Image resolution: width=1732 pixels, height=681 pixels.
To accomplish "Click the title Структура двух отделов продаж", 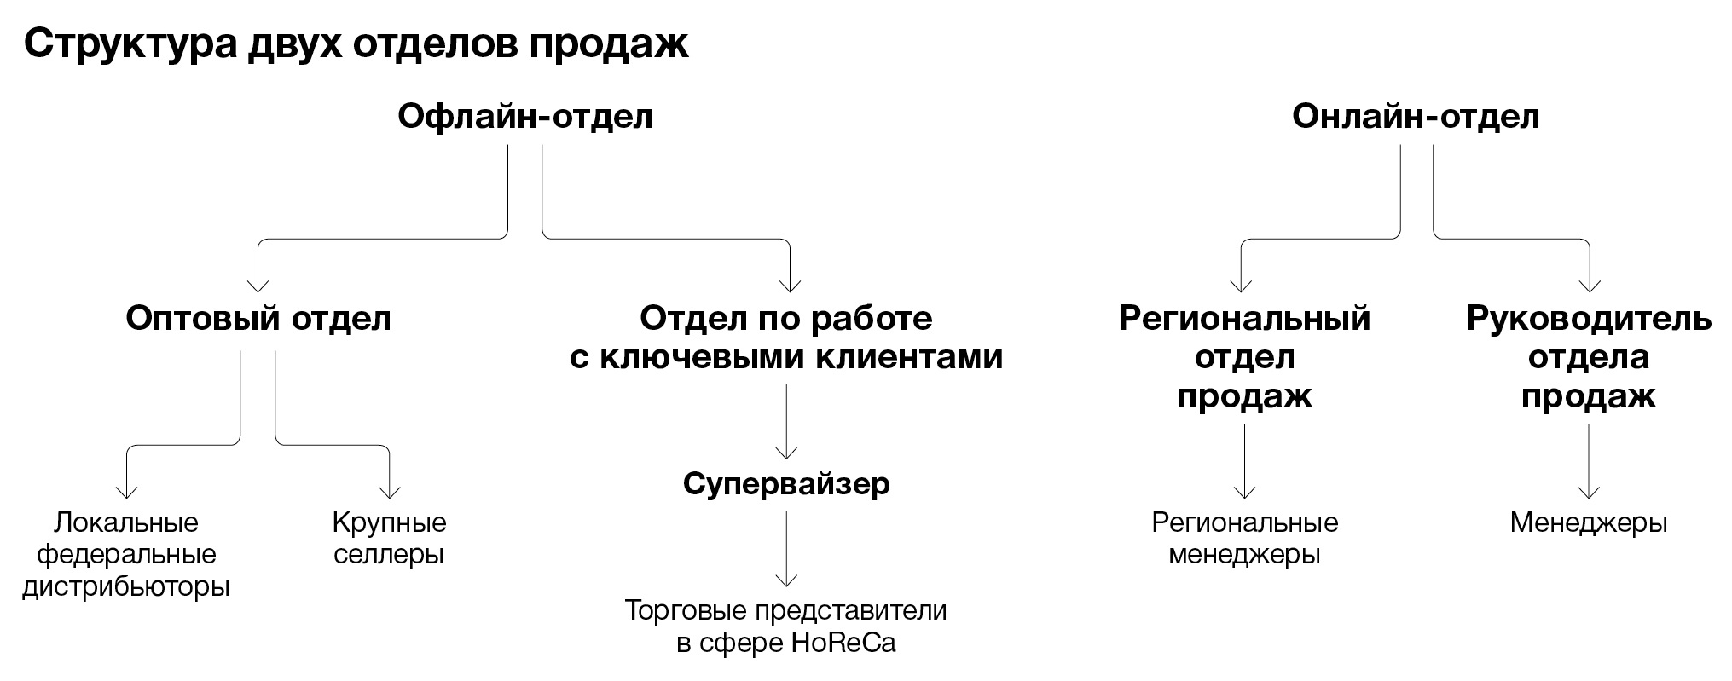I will click(x=356, y=44).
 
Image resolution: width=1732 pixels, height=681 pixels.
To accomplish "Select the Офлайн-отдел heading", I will click(x=525, y=116).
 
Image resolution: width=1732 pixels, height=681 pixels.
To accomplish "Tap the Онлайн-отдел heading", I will click(x=1416, y=116).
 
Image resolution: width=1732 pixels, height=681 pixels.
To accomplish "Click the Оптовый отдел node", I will click(x=258, y=319).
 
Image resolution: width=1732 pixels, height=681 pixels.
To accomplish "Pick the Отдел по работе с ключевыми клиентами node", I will click(x=785, y=338).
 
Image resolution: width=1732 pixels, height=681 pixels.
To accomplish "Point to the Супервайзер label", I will click(x=786, y=484).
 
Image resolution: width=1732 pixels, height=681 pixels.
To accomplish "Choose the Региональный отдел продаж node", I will click(x=1244, y=357).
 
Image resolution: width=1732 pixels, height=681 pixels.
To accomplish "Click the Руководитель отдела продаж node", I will click(x=1588, y=357).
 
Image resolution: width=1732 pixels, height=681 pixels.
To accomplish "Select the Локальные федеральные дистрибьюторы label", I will click(x=126, y=555).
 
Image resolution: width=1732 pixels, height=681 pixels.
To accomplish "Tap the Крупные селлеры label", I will click(x=389, y=539).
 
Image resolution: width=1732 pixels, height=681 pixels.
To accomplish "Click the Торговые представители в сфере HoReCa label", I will click(x=785, y=626).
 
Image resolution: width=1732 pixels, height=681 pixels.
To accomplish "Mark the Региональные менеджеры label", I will click(x=1244, y=539).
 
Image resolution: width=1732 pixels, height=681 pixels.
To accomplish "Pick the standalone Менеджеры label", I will click(x=1588, y=522).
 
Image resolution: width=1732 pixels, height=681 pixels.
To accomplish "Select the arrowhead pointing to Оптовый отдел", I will click(x=258, y=286).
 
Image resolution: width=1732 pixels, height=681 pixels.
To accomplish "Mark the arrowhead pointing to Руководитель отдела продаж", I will click(x=1589, y=286).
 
